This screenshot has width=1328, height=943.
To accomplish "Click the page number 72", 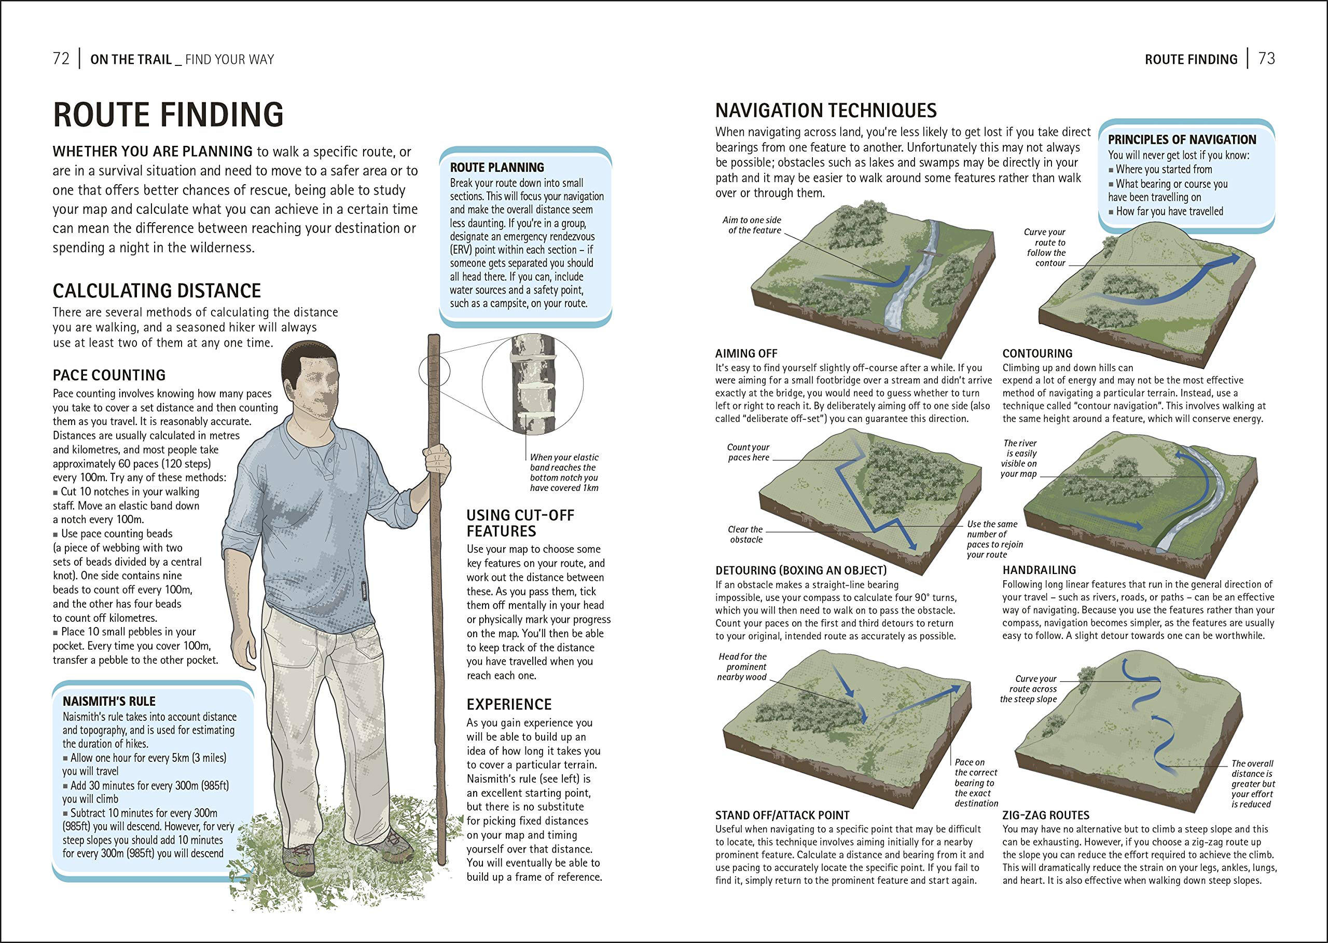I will point(61,59).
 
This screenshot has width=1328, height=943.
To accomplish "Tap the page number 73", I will point(1266,59).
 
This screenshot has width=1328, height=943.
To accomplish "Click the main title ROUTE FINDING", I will point(168,114).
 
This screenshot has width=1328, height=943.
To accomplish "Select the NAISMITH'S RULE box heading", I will point(109,701).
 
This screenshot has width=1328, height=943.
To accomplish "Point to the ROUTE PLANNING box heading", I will point(497,167).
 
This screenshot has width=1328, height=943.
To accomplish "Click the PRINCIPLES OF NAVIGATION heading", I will point(1182,140).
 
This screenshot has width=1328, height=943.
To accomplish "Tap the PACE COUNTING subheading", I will point(109,375).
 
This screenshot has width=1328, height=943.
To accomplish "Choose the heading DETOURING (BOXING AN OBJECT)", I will point(800,570).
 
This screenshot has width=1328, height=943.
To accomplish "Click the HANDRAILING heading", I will point(1039,570).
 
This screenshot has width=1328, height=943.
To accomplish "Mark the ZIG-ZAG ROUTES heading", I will point(1045,815).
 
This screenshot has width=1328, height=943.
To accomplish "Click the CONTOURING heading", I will point(1037,353).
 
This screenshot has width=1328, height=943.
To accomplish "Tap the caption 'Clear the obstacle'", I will point(745,534).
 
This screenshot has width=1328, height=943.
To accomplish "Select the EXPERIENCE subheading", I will point(508,704).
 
